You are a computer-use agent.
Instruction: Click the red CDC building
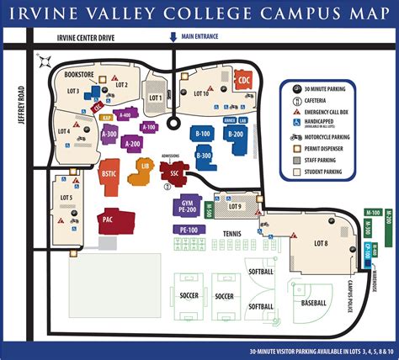click(244, 81)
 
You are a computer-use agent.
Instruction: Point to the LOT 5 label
click(66, 199)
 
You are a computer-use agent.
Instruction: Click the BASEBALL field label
click(313, 301)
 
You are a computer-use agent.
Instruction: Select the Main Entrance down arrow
click(173, 37)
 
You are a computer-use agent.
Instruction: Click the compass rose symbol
click(45, 60)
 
